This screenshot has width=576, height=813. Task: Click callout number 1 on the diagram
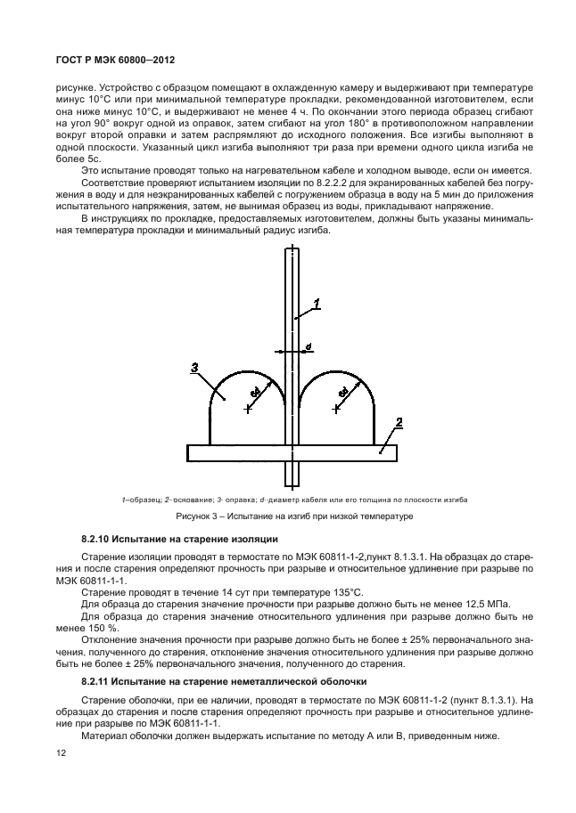click(x=317, y=305)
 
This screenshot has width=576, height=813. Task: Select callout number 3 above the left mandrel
click(x=194, y=366)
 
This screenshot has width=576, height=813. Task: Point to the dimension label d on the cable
click(x=309, y=346)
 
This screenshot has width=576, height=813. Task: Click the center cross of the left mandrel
click(x=248, y=408)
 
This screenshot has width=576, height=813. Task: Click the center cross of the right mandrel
click(x=335, y=408)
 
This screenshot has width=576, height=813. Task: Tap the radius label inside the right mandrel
click(x=343, y=391)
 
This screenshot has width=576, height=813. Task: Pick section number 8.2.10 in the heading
click(x=97, y=540)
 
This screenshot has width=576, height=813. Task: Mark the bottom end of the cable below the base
click(x=291, y=484)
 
